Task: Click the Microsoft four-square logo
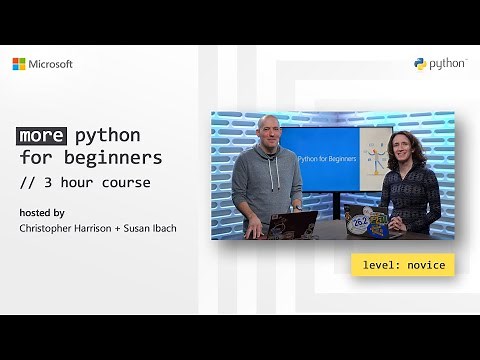[19, 64]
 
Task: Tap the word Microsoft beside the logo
[50, 64]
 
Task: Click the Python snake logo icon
[421, 64]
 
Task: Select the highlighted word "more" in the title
[39, 136]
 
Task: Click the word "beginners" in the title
[117, 158]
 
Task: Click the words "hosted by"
[42, 212]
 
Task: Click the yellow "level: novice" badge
[403, 265]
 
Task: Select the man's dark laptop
[297, 224]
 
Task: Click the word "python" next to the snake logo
[448, 64]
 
